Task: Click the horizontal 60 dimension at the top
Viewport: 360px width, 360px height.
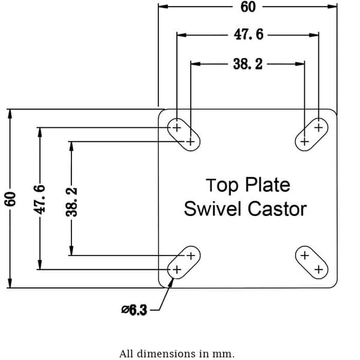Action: point(248,7)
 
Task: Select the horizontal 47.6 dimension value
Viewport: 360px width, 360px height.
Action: point(248,35)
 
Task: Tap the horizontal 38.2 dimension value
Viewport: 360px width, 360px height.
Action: point(248,64)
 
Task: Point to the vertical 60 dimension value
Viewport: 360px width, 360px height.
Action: point(10,199)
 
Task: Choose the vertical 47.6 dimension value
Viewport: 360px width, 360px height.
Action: point(40,199)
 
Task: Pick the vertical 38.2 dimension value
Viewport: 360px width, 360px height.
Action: point(71,202)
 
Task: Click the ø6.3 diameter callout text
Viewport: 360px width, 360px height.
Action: point(134,310)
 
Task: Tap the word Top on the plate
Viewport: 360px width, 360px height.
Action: point(222,185)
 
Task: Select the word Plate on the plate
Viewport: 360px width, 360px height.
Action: point(268,185)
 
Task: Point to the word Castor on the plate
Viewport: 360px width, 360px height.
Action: point(277,209)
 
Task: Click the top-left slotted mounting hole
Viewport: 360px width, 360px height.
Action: point(184,134)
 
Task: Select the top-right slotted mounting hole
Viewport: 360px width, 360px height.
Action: point(311,134)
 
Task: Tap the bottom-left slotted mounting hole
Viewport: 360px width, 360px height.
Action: point(184,262)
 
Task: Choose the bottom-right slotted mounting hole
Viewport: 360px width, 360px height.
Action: point(311,262)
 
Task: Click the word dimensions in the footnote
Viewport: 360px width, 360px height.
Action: point(167,353)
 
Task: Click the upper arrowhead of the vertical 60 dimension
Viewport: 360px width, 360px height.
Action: point(10,114)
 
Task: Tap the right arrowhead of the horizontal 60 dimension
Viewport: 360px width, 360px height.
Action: point(332,7)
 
